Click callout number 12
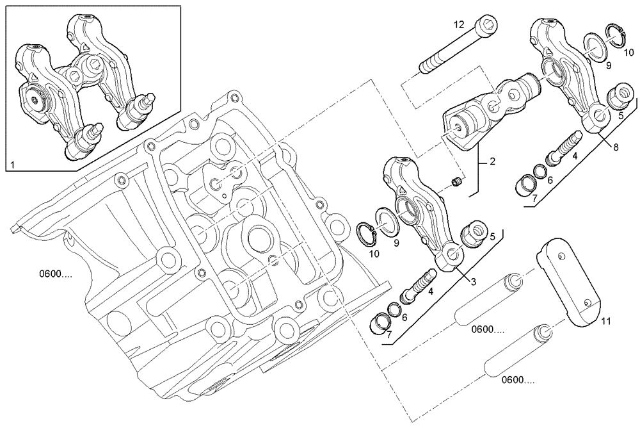point(459,24)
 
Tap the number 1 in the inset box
point(12,165)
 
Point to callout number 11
point(605,322)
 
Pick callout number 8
point(616,147)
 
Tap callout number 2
point(492,162)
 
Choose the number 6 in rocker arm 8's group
point(548,181)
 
